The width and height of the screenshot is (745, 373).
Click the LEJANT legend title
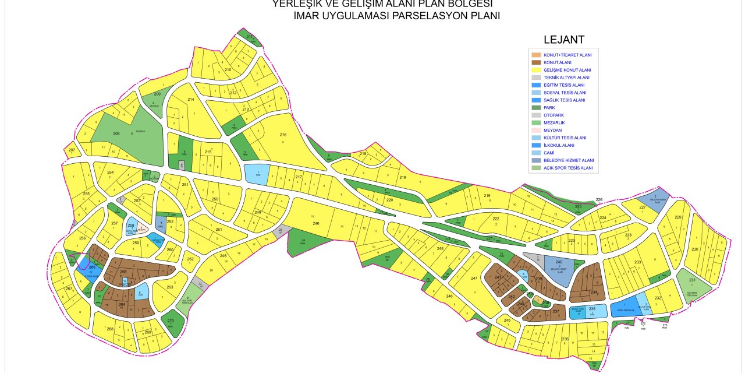pos(563,40)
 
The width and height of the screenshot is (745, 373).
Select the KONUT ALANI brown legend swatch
pos(536,62)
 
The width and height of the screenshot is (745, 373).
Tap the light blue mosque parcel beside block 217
pos(257,174)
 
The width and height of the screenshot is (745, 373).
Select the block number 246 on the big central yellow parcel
pos(316,223)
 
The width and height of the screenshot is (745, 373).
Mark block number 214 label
pos(190,100)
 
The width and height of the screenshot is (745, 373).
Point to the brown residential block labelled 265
pos(123,272)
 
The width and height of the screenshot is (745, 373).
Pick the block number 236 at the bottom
pos(565,339)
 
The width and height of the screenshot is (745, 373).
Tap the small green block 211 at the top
pos(250,37)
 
